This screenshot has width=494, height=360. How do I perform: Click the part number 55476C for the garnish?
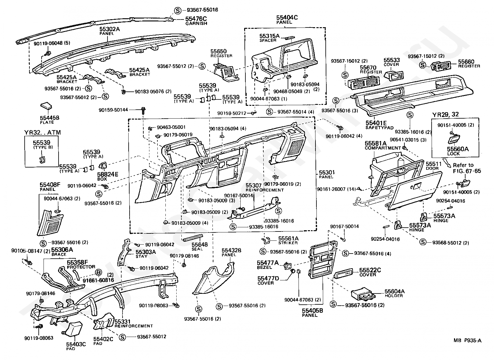(196, 19)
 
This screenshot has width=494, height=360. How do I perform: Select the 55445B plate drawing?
(46, 106)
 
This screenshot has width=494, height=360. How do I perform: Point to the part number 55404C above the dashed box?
(287, 17)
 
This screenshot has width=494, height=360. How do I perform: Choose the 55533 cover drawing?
(394, 75)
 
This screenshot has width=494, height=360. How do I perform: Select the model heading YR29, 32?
(445, 115)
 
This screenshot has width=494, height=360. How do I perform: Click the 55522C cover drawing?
(344, 274)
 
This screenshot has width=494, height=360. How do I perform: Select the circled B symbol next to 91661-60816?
(98, 273)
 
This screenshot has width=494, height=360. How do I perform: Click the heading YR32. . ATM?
(42, 132)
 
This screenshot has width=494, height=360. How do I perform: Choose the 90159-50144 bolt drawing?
(144, 111)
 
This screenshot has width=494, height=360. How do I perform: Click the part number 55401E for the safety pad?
(376, 123)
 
